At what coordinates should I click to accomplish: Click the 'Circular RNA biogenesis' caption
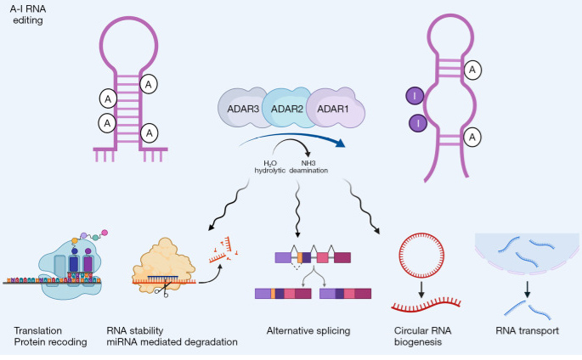tap(423, 336)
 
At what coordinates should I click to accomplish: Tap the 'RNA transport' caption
tap(526, 330)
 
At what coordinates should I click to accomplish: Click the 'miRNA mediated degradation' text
tap(172, 342)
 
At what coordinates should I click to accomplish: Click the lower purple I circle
tap(418, 125)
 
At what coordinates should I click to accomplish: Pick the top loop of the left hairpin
tap(134, 43)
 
